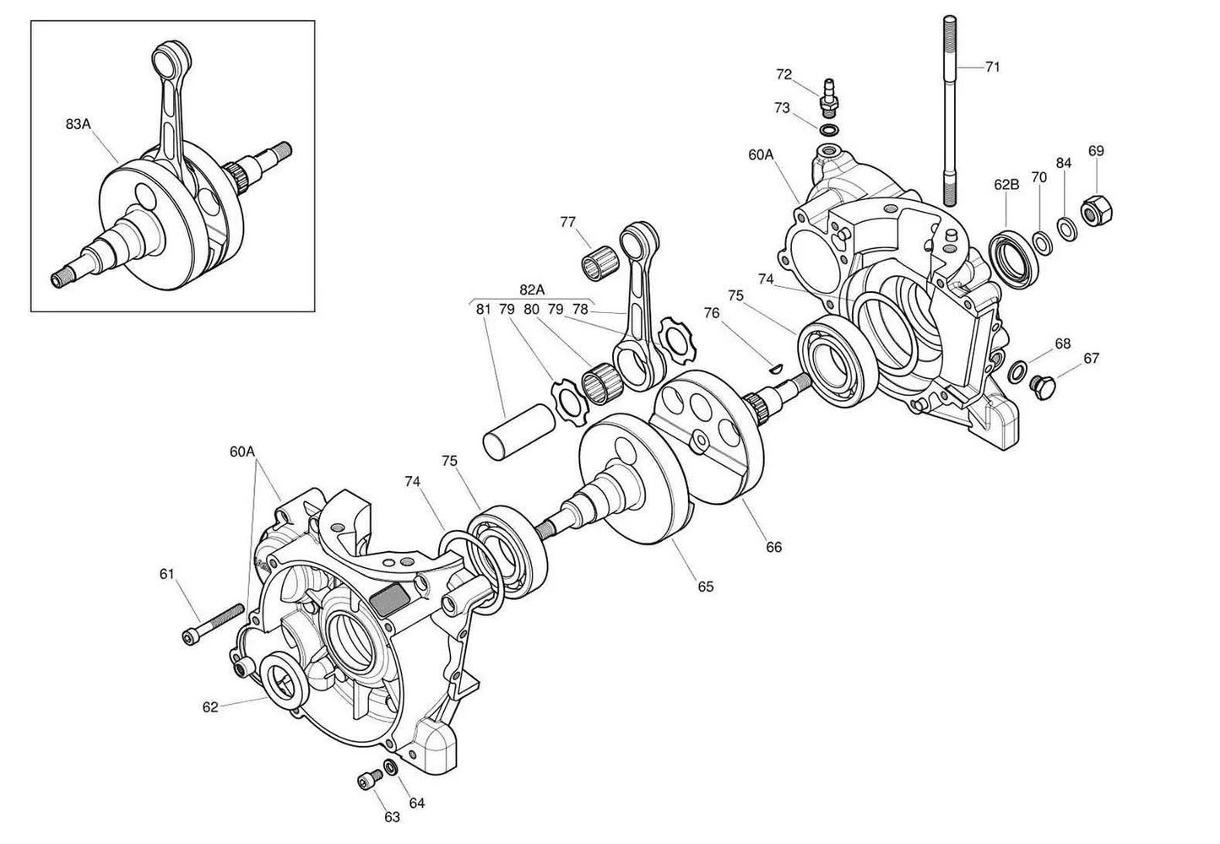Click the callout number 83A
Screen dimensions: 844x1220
(78, 124)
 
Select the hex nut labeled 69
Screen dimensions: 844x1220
(1095, 214)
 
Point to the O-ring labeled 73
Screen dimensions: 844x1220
(829, 130)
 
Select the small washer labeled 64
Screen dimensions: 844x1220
(391, 768)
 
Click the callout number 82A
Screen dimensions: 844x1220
(531, 289)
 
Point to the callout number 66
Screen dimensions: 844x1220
(773, 547)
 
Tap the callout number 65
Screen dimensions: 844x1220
(705, 586)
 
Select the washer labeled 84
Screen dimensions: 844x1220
(1066, 227)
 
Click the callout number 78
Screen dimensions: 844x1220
(580, 309)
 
